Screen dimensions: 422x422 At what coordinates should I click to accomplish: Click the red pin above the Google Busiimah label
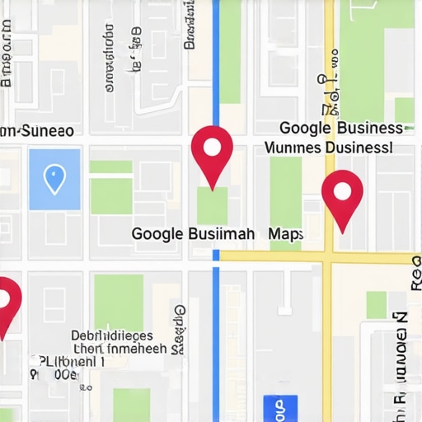(x=212, y=152)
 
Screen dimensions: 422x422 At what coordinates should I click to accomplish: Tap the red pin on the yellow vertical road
(x=342, y=196)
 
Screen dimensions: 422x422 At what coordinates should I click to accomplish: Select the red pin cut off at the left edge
(x=6, y=302)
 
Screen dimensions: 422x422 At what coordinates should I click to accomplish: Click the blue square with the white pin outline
(x=54, y=179)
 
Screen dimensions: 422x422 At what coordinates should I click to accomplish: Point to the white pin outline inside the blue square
(x=54, y=177)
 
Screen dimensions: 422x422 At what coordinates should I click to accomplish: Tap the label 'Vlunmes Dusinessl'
(x=328, y=148)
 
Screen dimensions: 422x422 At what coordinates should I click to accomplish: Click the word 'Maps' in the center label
(x=285, y=234)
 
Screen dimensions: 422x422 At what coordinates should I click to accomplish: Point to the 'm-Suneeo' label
(x=37, y=131)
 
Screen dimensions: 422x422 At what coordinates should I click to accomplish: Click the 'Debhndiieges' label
(x=111, y=335)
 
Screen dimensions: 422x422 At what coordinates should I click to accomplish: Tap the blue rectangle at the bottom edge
(x=279, y=409)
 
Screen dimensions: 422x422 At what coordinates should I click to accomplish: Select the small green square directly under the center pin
(x=212, y=205)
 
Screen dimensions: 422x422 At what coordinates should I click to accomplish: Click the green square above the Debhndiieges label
(x=119, y=302)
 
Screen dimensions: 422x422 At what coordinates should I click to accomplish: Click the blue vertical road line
(x=216, y=330)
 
